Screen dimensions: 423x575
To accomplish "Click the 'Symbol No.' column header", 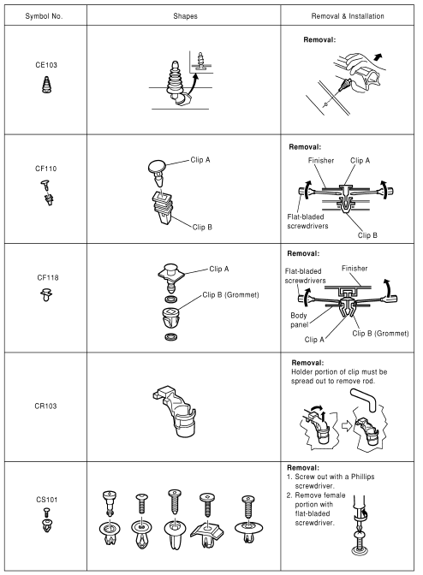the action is [44, 16].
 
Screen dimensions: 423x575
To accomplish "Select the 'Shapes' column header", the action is [185, 16].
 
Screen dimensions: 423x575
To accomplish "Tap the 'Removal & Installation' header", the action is [348, 16].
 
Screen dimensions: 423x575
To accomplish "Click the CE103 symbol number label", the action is [46, 65].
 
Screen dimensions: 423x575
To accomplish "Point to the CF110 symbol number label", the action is [46, 169].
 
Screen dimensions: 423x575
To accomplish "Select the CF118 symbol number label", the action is [48, 277].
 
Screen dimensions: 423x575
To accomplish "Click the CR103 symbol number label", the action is [45, 406].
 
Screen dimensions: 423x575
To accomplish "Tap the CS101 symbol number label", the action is [46, 500].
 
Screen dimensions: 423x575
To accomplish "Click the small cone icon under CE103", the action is [46, 85].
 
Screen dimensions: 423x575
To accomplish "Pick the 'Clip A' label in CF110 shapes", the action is [200, 160].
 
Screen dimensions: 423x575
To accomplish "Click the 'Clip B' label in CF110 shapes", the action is [203, 228].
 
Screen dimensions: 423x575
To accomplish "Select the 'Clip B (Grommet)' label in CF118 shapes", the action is [230, 295].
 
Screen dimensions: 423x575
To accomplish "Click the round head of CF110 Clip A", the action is [157, 167].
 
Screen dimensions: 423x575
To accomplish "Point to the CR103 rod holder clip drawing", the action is [175, 411].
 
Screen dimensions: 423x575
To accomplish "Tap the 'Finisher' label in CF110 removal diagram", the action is [321, 161].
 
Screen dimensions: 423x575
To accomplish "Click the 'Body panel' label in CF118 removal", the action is [299, 320].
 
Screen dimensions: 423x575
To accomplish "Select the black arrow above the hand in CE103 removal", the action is [378, 56].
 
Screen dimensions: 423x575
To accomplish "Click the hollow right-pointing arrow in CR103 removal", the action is [347, 426].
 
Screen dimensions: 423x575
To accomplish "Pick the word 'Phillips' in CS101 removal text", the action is [362, 477].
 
